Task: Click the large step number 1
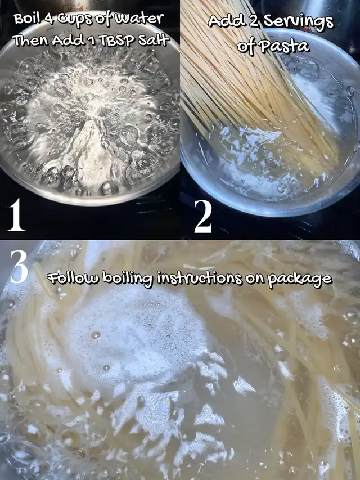coord(16,214)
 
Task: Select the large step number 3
coord(19,266)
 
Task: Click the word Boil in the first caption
coord(26,19)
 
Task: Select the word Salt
coord(154,40)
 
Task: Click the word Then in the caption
coord(31,40)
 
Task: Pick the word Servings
coord(299,22)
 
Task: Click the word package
coord(300,280)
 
